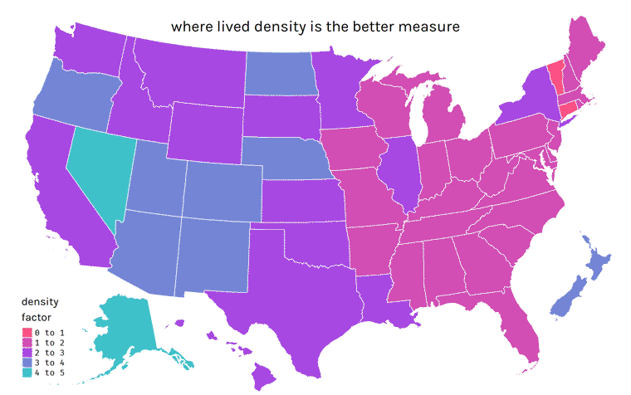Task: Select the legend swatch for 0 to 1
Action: pos(27,334)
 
